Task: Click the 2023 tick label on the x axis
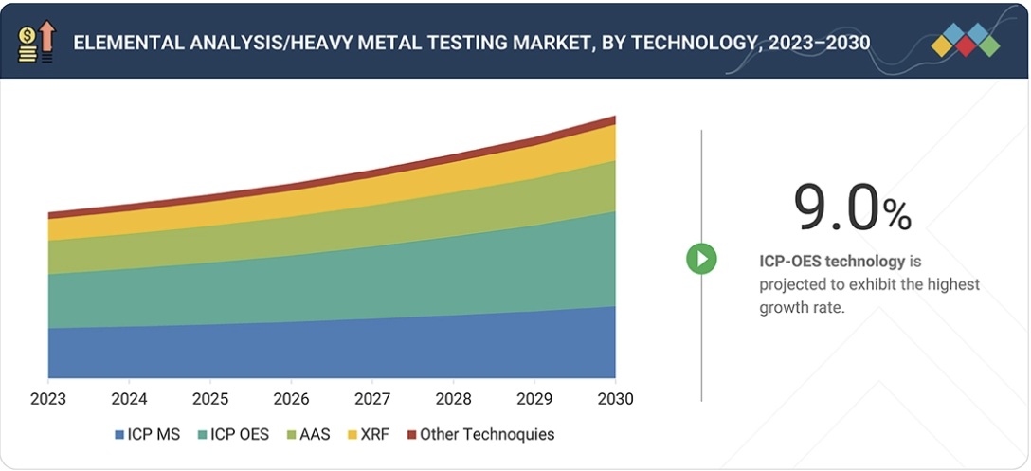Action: tap(48, 398)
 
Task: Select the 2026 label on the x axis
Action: tap(291, 398)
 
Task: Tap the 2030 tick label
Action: tap(615, 398)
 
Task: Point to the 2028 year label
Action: tap(453, 398)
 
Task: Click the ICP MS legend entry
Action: tap(149, 435)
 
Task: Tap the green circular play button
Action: tap(701, 258)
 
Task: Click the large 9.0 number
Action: tap(836, 207)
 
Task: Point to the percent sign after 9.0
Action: tap(896, 215)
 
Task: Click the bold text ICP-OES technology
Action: tap(832, 261)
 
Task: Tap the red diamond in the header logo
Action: tap(966, 45)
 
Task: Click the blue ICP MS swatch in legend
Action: tap(119, 435)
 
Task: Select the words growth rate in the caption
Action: tap(801, 308)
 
